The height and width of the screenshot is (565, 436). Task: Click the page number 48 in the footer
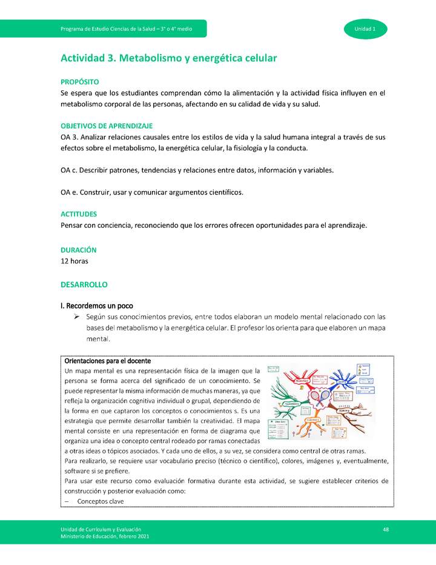[385, 529]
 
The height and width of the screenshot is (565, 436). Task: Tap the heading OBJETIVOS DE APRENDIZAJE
[107, 125]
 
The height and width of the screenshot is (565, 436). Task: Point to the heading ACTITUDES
[79, 214]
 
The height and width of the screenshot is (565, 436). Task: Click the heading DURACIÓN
[78, 250]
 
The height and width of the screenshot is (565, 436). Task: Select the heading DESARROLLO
[84, 284]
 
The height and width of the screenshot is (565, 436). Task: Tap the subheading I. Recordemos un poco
[97, 305]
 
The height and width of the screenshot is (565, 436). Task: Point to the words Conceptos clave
[101, 501]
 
